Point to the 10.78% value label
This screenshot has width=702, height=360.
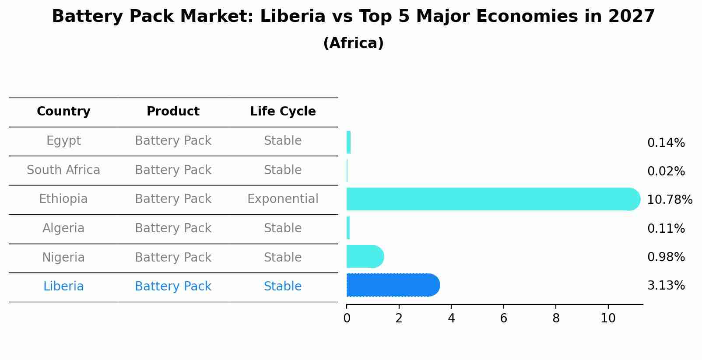[x=669, y=200]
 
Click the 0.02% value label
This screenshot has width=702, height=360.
[x=666, y=171]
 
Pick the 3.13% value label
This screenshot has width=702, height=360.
[x=666, y=286]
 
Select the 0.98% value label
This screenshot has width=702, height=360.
[x=666, y=257]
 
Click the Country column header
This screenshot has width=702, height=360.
[x=63, y=112]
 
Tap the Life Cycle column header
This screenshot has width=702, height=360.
[x=283, y=112]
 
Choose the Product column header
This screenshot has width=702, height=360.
[x=173, y=112]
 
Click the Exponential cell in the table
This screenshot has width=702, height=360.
[x=283, y=199]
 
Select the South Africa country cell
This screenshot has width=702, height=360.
[x=63, y=170]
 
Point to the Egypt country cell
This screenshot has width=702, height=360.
[x=63, y=141]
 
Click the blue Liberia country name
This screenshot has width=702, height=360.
[x=63, y=287]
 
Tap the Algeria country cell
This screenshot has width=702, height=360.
[x=63, y=228]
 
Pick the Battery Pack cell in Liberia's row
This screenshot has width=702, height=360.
[x=173, y=287]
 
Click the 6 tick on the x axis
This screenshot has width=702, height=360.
[x=503, y=318]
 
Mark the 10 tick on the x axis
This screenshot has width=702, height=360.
[x=608, y=318]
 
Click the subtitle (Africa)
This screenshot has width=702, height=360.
[x=353, y=43]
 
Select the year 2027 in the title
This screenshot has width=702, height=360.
[x=631, y=17]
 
